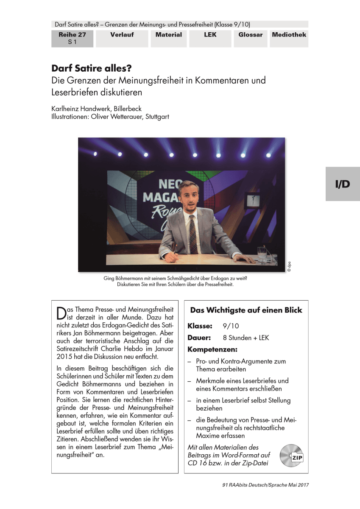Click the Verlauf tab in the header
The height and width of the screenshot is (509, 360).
(x=122, y=35)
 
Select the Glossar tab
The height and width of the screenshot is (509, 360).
(x=250, y=35)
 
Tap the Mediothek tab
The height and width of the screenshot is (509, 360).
(x=289, y=35)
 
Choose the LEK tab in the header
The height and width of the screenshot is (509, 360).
(x=209, y=35)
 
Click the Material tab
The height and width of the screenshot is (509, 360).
(x=168, y=35)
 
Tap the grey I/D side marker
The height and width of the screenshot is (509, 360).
(x=343, y=184)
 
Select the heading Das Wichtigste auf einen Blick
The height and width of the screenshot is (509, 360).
(x=246, y=310)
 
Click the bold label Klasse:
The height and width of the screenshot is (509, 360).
(x=200, y=326)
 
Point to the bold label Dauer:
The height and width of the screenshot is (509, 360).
(x=199, y=338)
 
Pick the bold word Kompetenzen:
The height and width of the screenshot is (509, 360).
(x=212, y=350)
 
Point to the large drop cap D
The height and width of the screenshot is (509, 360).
(x=61, y=313)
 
